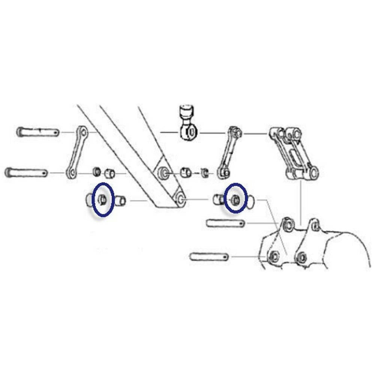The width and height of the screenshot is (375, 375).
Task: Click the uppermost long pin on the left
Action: (x=37, y=132)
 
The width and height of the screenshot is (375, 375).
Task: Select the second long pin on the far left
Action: (x=26, y=173)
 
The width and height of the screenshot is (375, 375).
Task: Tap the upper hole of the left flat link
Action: (x=83, y=132)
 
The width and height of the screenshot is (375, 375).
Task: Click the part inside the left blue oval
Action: (x=102, y=199)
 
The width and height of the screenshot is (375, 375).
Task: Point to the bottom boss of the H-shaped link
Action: (x=313, y=173)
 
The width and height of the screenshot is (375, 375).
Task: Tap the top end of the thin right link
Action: (x=236, y=132)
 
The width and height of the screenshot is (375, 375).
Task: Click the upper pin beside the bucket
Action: (x=225, y=223)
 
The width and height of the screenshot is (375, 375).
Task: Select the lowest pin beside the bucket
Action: (x=209, y=257)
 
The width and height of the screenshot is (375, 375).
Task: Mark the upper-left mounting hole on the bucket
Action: (x=288, y=225)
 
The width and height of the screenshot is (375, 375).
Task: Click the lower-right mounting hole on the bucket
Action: (x=301, y=258)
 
